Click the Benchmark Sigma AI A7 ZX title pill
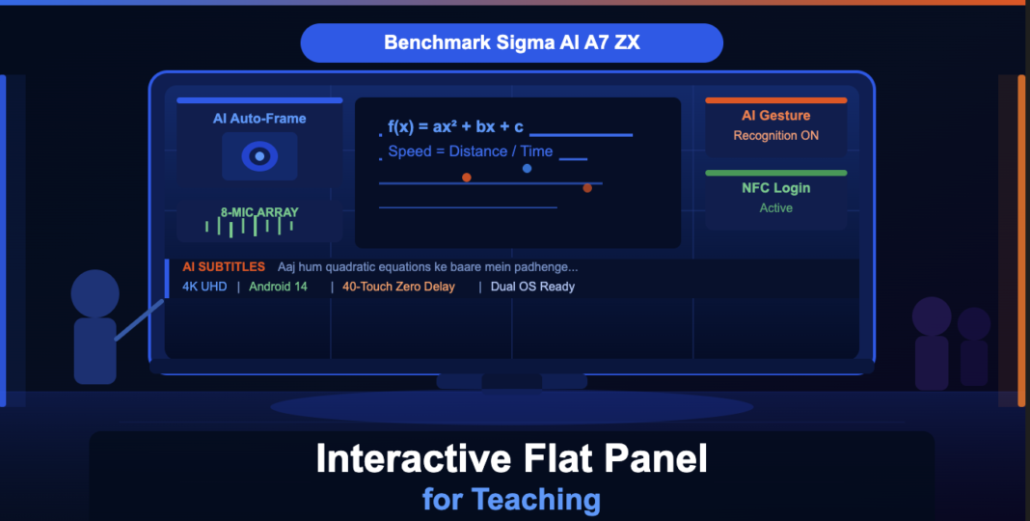pos(511,43)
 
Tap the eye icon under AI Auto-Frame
pos(259,156)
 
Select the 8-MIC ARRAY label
pos(259,212)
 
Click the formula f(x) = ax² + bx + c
pos(456,126)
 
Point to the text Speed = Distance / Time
pos(471,151)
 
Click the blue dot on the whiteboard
pos(527,168)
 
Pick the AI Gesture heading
pos(775,116)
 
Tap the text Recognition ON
pos(775,136)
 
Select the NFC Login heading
pos(775,188)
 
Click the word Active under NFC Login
pos(775,208)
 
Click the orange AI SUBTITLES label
pos(224,267)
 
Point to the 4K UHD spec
pos(204,287)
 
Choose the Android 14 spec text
pos(278,287)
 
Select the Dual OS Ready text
pos(532,287)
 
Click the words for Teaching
pos(511,499)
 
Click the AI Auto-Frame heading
pos(259,119)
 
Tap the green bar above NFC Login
pos(775,173)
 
